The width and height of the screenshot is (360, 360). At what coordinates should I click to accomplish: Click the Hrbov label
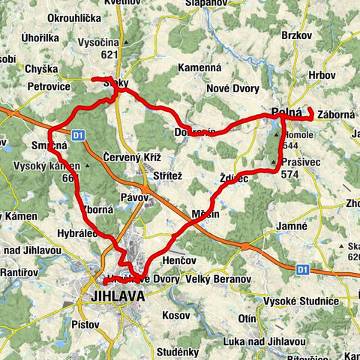[x=321, y=75]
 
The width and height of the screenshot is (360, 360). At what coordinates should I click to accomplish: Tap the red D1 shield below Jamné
[x=301, y=268]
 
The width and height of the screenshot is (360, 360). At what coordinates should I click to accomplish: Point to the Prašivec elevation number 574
[x=291, y=174]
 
